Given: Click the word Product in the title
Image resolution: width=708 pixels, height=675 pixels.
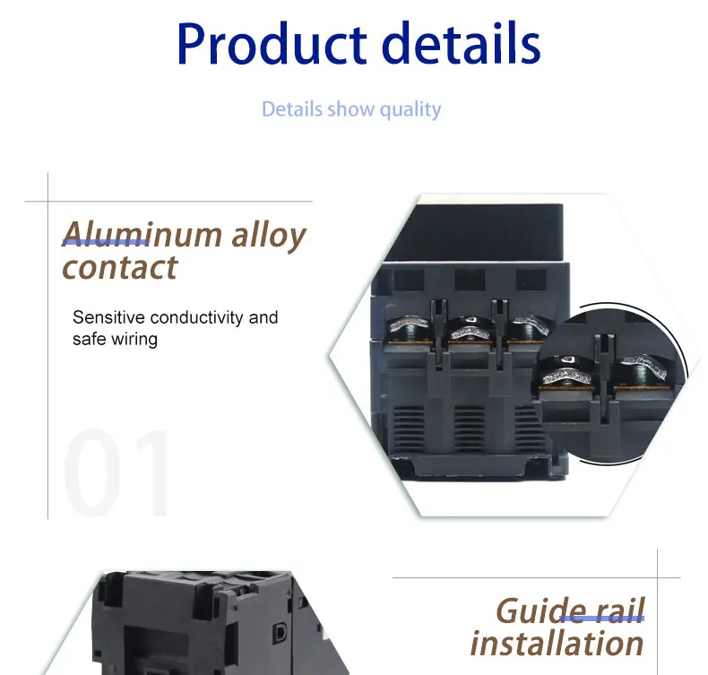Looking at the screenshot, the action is [x=272, y=44].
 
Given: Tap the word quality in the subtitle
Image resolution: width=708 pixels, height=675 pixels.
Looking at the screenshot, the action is [x=410, y=110].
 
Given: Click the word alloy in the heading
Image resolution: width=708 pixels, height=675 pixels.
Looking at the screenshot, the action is [x=269, y=236].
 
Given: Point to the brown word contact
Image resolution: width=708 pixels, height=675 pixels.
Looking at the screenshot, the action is [x=120, y=267].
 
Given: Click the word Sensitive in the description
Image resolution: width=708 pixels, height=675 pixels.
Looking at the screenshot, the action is [x=108, y=317].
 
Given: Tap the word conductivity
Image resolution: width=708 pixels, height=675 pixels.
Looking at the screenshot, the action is [x=197, y=318].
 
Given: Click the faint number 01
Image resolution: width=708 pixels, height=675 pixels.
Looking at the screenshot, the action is [x=117, y=472].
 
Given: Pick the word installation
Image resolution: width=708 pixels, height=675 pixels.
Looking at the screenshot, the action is [x=557, y=644].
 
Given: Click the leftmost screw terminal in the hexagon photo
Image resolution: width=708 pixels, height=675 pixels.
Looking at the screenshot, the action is [x=409, y=330].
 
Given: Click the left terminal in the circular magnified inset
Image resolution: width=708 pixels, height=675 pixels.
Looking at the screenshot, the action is [x=566, y=373].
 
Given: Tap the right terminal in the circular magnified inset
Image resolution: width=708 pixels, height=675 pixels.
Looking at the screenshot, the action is [x=642, y=373].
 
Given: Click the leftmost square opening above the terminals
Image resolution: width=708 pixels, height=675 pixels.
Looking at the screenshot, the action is [x=409, y=280].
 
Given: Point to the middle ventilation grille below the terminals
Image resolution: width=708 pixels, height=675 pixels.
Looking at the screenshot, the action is [x=470, y=428].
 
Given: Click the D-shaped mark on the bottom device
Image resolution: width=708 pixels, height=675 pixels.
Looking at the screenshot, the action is [x=280, y=633].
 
